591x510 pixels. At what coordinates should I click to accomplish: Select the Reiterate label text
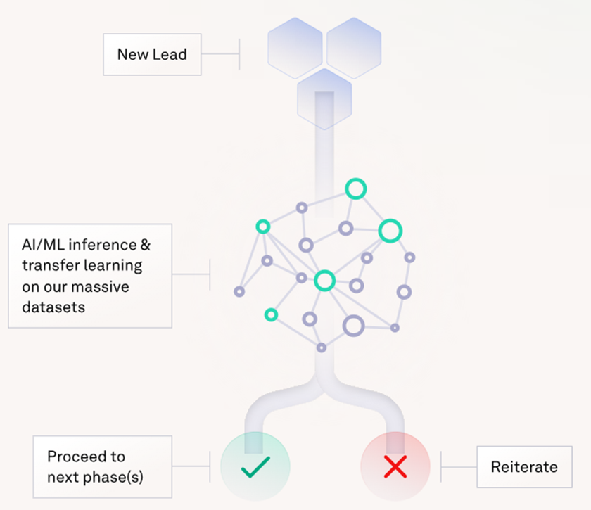pos(524,467)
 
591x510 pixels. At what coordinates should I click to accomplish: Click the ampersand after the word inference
pos(146,245)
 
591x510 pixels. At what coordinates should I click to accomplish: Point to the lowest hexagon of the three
pos(324,98)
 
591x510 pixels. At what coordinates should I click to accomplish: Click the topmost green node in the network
pos(356,189)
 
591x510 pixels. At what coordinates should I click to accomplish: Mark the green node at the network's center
pos(324,281)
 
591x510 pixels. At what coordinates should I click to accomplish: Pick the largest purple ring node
pos(353,325)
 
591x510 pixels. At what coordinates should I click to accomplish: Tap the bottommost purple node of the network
pos(322,348)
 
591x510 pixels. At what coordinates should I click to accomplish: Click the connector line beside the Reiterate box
pos(459,467)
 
